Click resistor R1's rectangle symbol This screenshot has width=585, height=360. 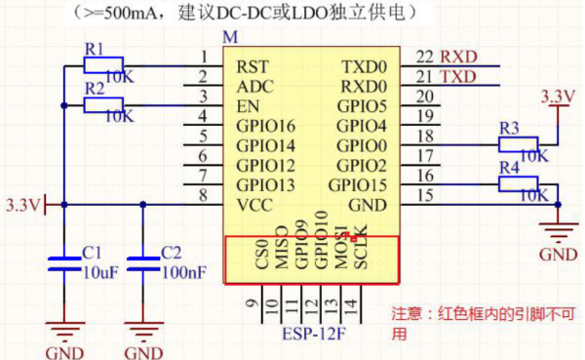[x=103, y=65]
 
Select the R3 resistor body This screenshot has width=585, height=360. [x=518, y=144]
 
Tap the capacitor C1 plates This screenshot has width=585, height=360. [x=63, y=261]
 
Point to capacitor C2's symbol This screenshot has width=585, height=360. [x=143, y=261]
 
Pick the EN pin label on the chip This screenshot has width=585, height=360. [x=247, y=106]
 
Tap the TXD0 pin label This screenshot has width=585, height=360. [x=364, y=65]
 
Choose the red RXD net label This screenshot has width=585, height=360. [x=458, y=58]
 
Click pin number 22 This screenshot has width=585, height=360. [x=424, y=58]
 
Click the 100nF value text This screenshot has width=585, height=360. [x=183, y=272]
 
